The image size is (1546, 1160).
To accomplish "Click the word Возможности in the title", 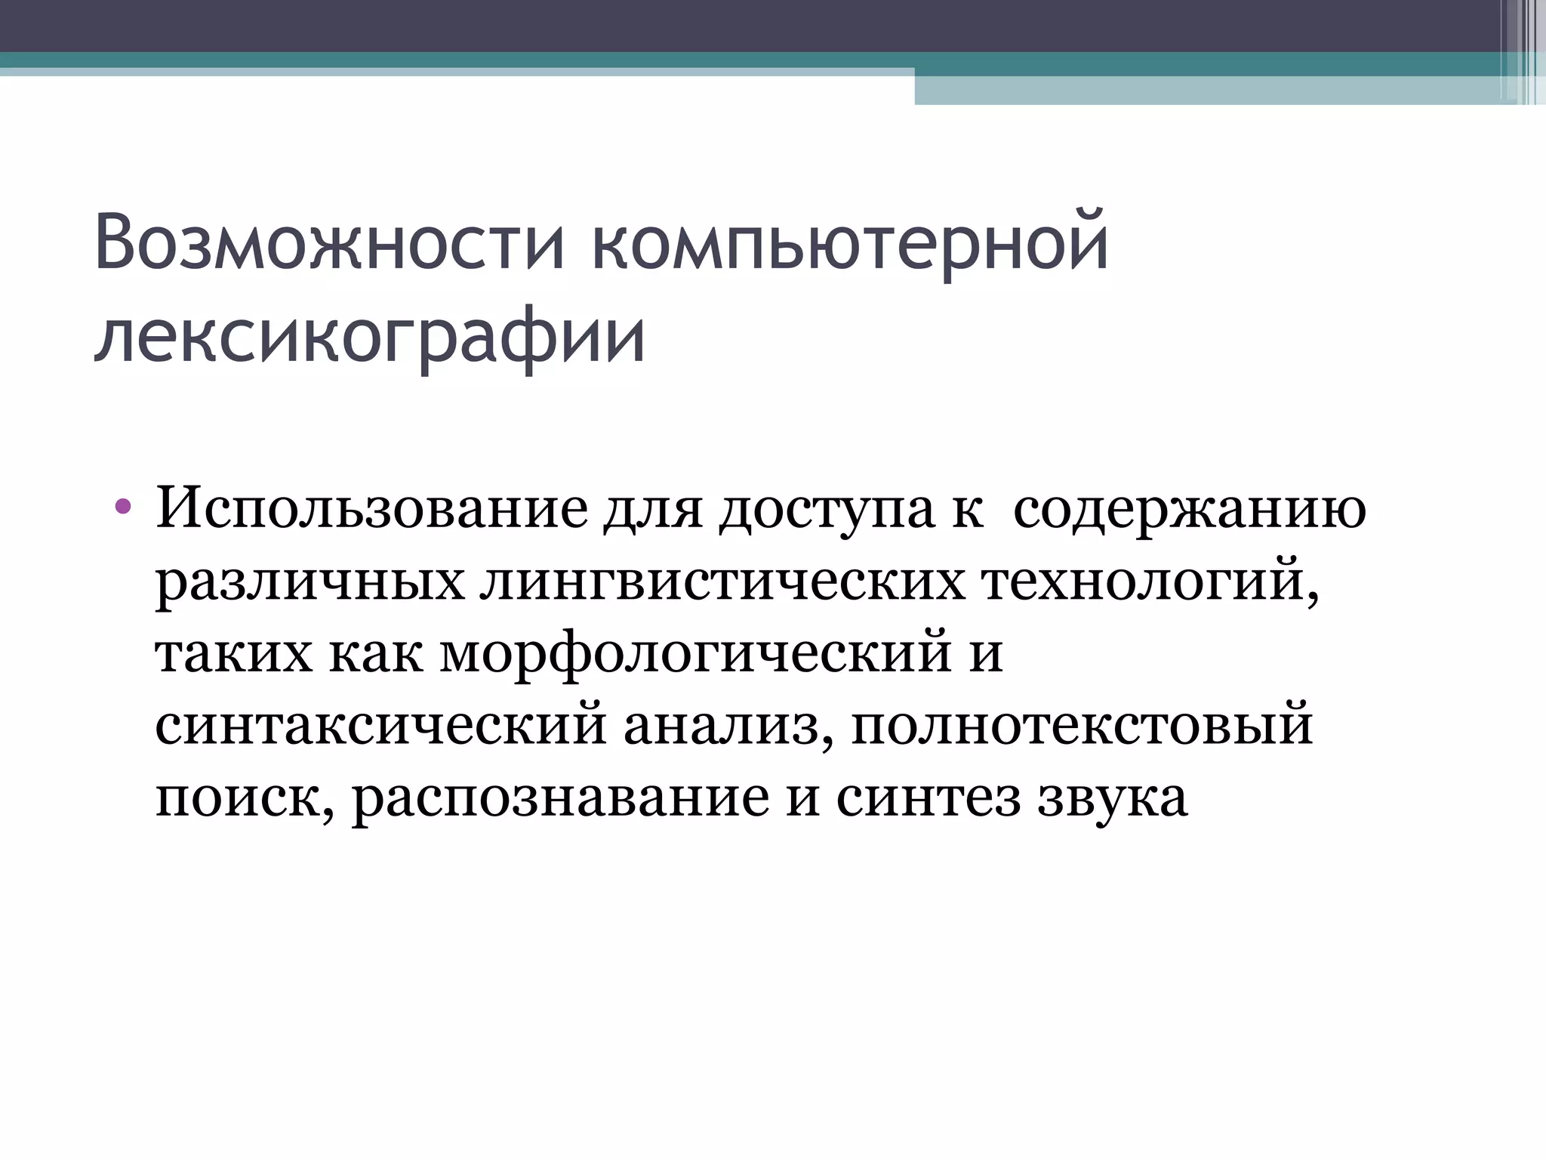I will pyautogui.click(x=329, y=243).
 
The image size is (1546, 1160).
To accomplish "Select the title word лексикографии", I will pyautogui.click(x=370, y=337).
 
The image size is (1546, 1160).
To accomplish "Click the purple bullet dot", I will pyautogui.click(x=123, y=505).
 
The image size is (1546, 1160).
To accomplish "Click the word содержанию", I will pyautogui.click(x=1189, y=509).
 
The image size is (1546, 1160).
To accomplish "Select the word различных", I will pyautogui.click(x=310, y=582).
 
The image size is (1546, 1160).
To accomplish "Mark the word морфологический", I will pyautogui.click(x=695, y=654).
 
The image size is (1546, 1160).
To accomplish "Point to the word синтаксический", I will pyautogui.click(x=380, y=725).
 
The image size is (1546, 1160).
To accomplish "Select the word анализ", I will pyautogui.click(x=728, y=725).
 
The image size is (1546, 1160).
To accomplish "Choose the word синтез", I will pyautogui.click(x=928, y=797).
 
